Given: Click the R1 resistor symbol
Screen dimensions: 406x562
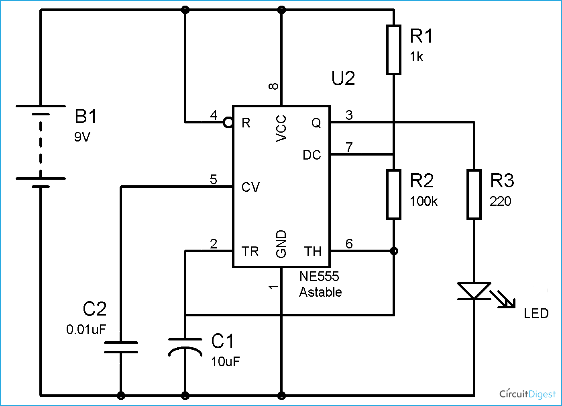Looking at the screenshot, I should (394, 50).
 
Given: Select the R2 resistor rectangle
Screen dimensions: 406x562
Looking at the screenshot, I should (394, 195).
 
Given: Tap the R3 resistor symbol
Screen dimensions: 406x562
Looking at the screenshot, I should (474, 195).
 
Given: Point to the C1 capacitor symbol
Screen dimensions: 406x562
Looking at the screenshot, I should (185, 347).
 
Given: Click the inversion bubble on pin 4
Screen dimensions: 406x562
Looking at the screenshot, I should (228, 122).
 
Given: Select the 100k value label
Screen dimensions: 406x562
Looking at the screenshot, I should (424, 201).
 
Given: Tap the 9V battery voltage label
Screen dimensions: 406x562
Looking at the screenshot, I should (82, 137).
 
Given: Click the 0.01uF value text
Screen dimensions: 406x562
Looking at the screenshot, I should (86, 330).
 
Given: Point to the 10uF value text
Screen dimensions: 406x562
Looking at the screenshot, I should (225, 362).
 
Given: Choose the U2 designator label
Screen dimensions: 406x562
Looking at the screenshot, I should (343, 78).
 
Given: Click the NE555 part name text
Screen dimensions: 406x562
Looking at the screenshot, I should (319, 277).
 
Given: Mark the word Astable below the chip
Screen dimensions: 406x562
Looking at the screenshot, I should (320, 292).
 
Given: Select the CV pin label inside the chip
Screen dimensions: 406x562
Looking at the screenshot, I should (250, 187).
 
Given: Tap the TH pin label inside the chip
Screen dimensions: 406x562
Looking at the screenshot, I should (313, 252).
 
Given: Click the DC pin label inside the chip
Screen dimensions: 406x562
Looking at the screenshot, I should (312, 155).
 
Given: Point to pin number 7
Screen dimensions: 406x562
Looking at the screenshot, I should (349, 147).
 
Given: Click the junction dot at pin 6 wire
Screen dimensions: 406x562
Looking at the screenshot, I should (394, 251).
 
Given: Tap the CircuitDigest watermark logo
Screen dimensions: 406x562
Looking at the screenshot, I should (527, 394).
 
